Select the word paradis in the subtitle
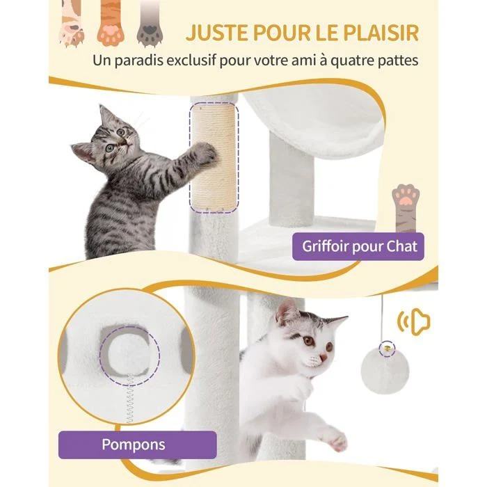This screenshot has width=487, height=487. coord(142,61)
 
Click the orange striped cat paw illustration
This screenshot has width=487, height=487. coord(111,24)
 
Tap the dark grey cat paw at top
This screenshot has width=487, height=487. coord(150,24)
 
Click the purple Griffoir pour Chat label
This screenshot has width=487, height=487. coord(358,246)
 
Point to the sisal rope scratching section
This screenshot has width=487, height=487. coord(214,158)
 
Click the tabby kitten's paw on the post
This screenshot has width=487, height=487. coord(205,153)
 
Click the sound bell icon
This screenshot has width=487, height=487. coord(414,322)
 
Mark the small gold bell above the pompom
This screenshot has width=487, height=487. coord(387,348)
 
